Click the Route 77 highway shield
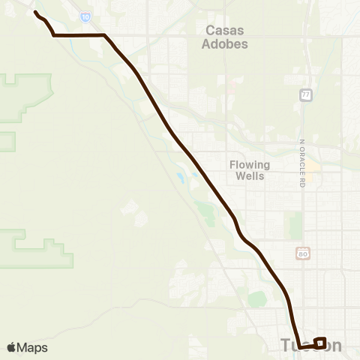pyautogui.click(x=305, y=94)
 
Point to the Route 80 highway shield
pyautogui.click(x=301, y=254)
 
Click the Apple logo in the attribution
pyautogui.click(x=11, y=347)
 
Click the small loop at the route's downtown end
pyautogui.click(x=319, y=343)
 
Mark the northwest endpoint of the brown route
pyautogui.click(x=35, y=13)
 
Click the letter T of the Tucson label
pyautogui.click(x=284, y=346)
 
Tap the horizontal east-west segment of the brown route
pyautogui.click(x=78, y=34)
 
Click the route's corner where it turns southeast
pyautogui.click(x=104, y=34)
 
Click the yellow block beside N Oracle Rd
pyautogui.click(x=312, y=164)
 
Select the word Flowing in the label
pyautogui.click(x=250, y=164)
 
